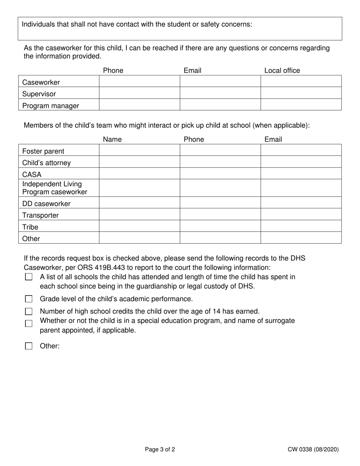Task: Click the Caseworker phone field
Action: (x=139, y=81)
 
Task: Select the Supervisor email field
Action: (x=220, y=93)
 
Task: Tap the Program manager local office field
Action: (x=301, y=105)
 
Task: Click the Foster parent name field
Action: (x=139, y=150)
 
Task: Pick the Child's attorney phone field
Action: (x=220, y=162)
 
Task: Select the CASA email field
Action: (x=301, y=174)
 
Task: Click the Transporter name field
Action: (x=139, y=214)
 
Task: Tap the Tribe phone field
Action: (x=220, y=226)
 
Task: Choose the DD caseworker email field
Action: (x=301, y=202)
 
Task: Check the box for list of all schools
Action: (x=29, y=277)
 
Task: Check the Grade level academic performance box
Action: (x=29, y=299)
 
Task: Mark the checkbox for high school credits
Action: (x=29, y=311)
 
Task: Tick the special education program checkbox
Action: (x=29, y=324)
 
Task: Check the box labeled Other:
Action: (x=29, y=346)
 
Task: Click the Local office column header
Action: (x=282, y=70)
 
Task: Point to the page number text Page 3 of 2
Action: (x=160, y=450)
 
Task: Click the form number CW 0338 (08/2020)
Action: (x=313, y=450)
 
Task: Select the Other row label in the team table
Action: (x=31, y=239)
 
